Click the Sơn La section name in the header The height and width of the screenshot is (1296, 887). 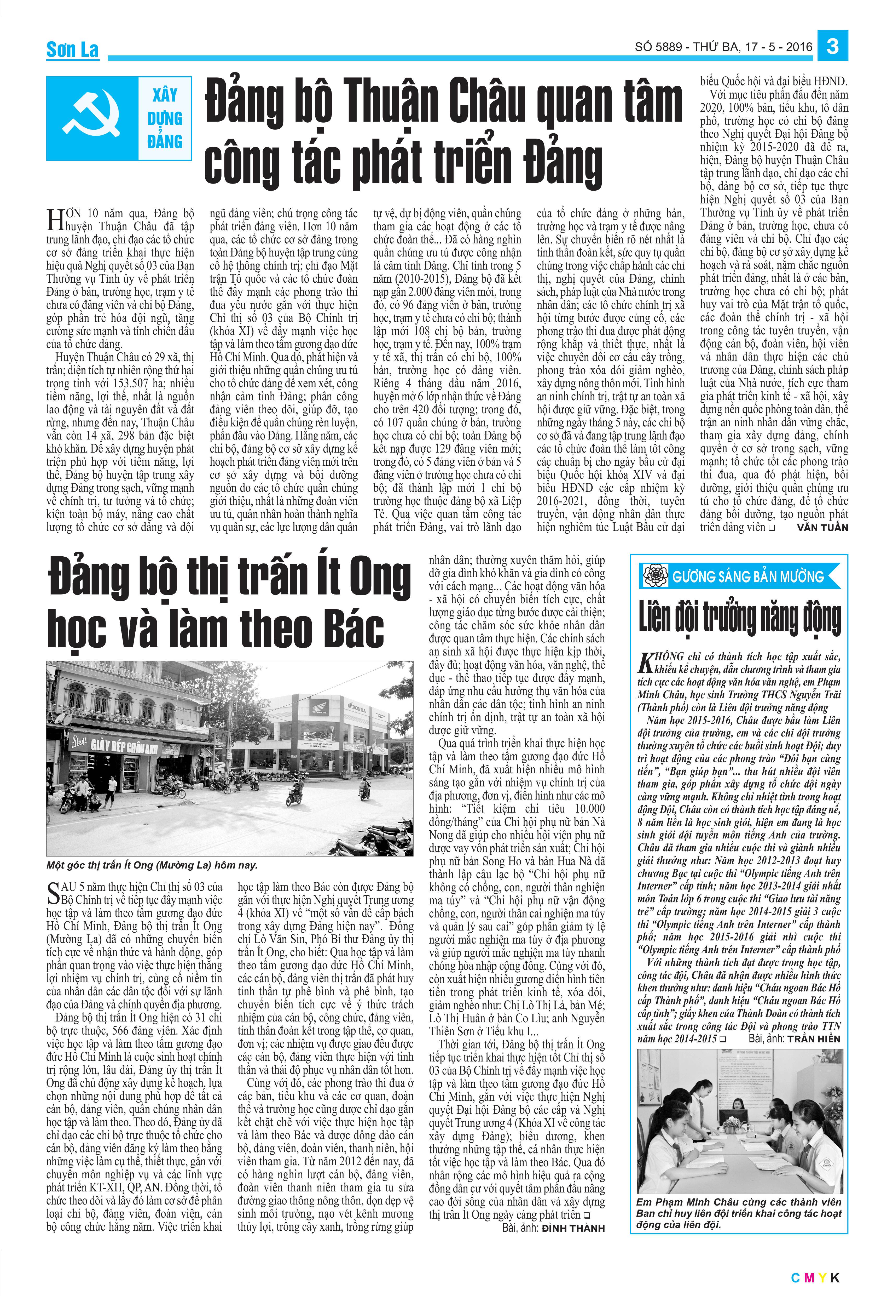[72, 50]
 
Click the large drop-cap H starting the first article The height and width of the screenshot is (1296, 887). [55, 219]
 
